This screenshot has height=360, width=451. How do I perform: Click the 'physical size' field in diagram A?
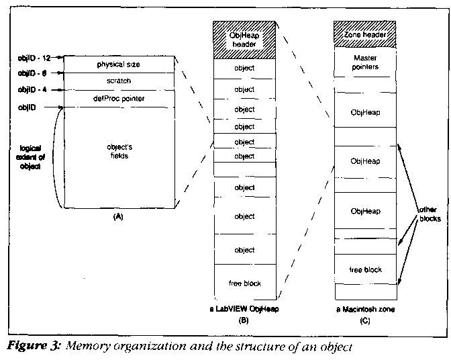click(120, 64)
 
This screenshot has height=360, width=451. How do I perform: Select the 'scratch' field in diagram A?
click(120, 81)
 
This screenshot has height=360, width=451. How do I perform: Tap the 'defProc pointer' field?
click(120, 99)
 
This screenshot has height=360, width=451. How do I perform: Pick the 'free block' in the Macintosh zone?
click(366, 269)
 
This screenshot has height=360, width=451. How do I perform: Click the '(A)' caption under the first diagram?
click(119, 217)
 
